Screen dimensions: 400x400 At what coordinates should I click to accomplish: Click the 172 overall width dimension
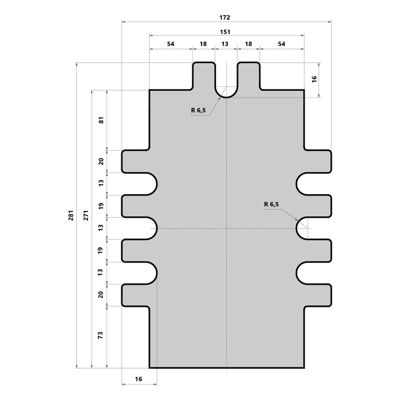(225, 17)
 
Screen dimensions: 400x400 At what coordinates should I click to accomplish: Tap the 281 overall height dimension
(71, 215)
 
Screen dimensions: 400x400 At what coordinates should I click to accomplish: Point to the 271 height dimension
(86, 215)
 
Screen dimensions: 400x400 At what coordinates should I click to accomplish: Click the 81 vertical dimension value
(102, 120)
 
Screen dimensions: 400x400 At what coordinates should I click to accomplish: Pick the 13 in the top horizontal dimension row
(225, 44)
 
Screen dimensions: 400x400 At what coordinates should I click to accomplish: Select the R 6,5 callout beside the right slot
(272, 204)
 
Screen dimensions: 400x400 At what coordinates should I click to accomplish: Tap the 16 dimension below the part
(139, 380)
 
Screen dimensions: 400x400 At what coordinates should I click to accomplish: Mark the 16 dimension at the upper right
(314, 79)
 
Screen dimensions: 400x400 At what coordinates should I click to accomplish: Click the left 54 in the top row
(171, 44)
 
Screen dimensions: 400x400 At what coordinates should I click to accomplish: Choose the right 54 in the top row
(281, 44)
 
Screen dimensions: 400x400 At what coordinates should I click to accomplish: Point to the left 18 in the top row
(203, 44)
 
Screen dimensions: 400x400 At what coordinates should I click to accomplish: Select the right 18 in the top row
(248, 44)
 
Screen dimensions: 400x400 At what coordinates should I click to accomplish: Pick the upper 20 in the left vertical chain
(102, 161)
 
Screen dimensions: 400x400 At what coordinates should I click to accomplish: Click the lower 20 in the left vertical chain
(102, 294)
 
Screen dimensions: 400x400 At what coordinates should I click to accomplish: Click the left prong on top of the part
(204, 76)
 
